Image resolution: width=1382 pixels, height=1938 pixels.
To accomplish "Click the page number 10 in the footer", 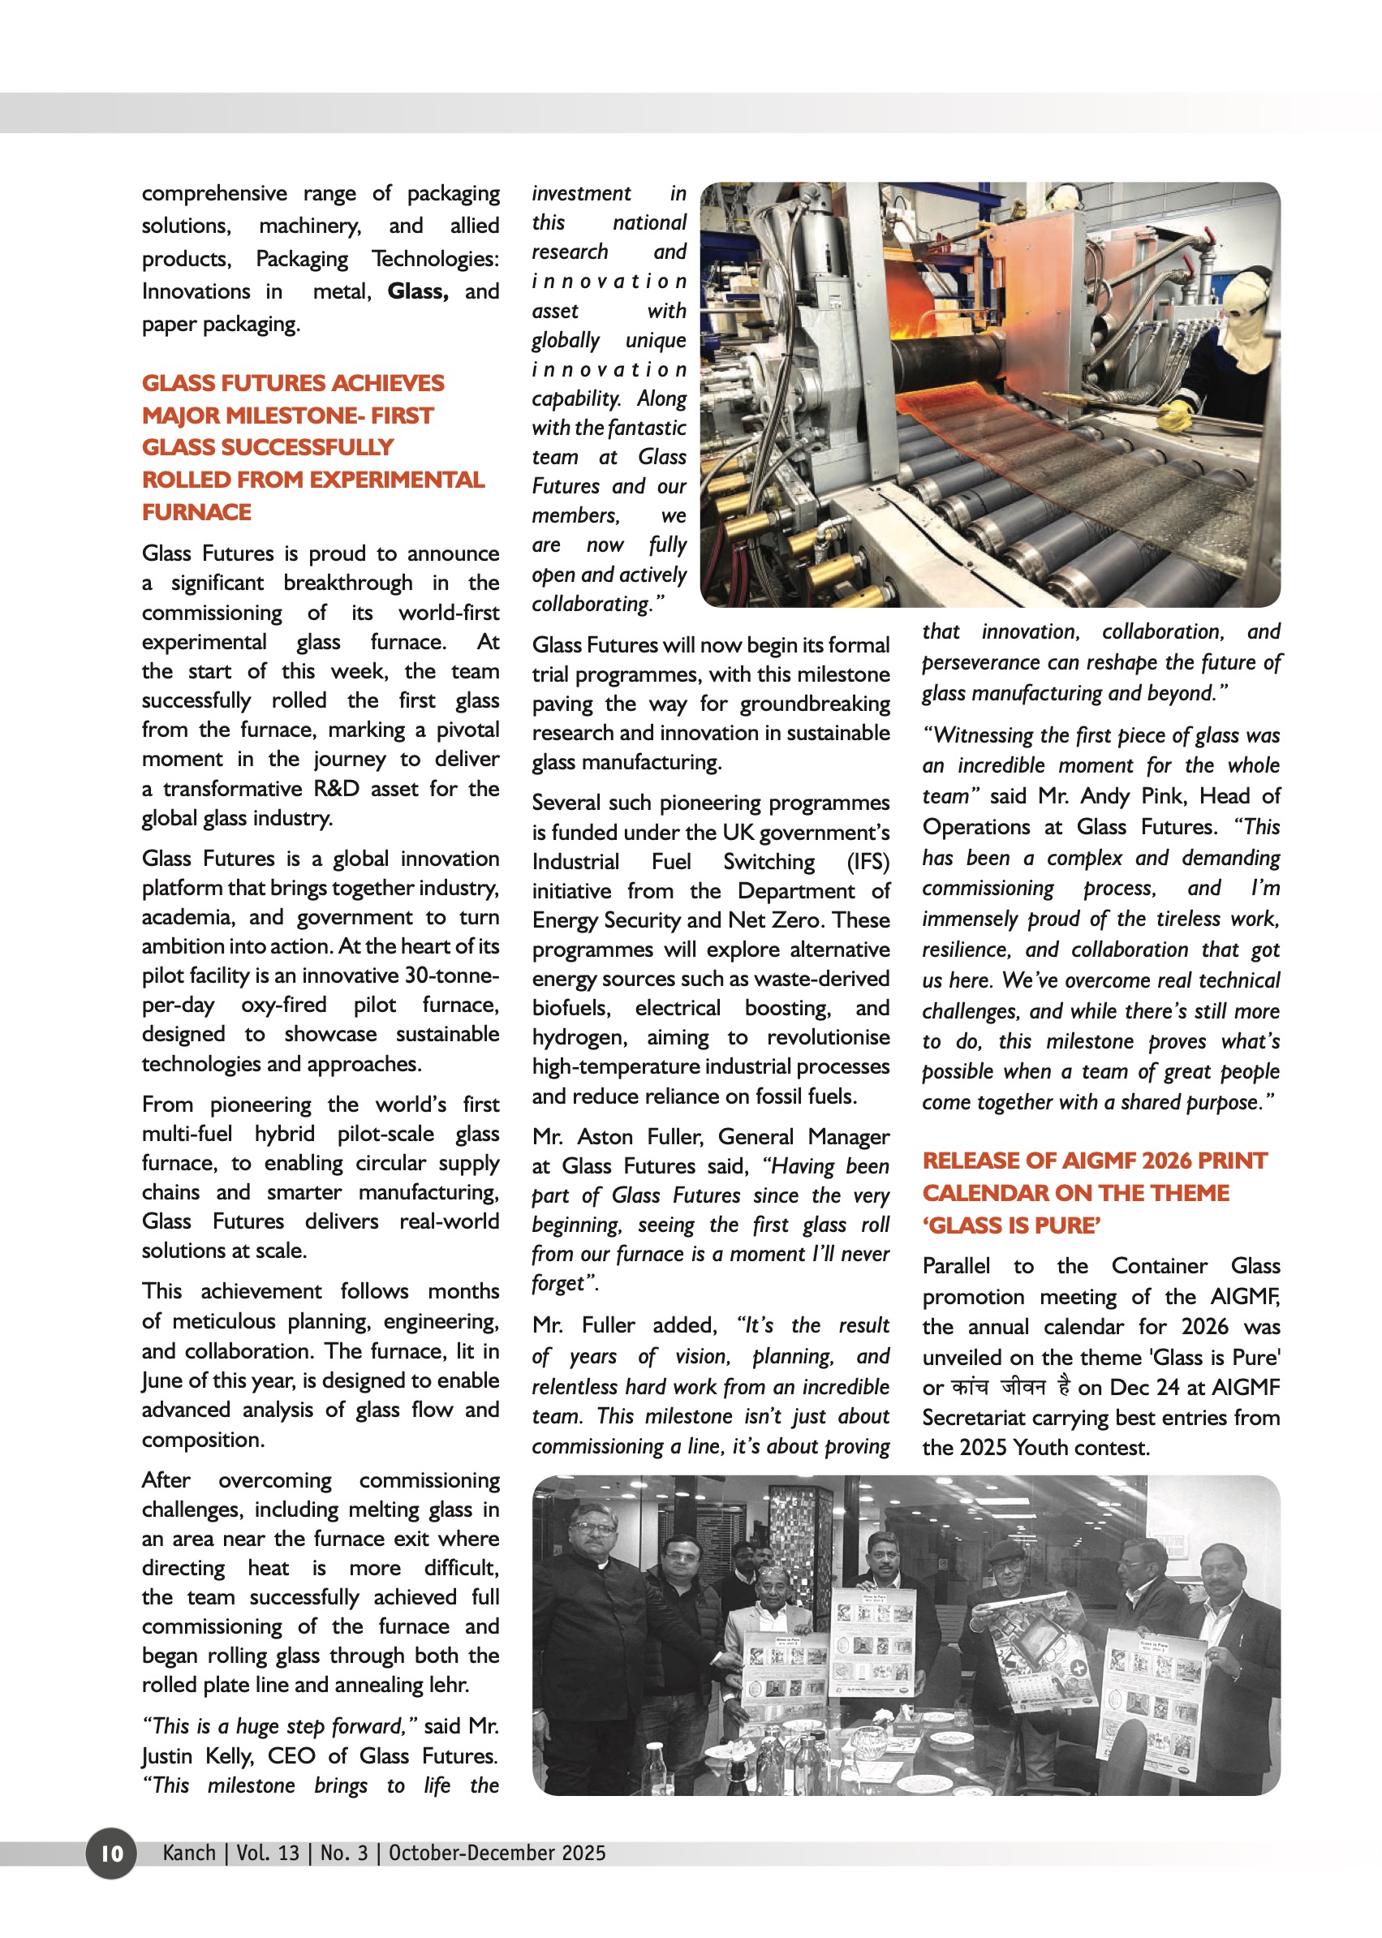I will point(111,1853).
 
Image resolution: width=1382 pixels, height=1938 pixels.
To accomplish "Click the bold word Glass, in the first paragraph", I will point(417,291).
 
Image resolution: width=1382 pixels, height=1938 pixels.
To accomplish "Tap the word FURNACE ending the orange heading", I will point(196,512).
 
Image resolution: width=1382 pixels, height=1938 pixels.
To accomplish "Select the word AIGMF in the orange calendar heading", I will point(1098,1161).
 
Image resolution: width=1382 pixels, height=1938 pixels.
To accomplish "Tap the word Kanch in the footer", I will point(189,1853).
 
